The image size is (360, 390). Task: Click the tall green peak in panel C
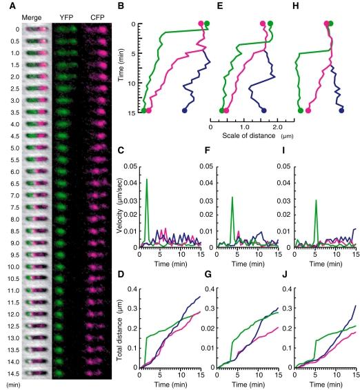tap(147, 179)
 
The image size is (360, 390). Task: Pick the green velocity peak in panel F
tap(232, 197)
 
